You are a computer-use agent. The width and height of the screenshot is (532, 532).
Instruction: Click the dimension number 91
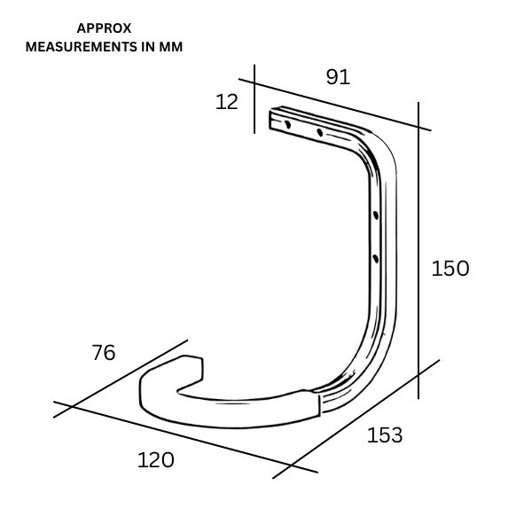click(x=338, y=77)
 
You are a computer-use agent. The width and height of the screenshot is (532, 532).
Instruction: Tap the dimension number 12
click(x=228, y=102)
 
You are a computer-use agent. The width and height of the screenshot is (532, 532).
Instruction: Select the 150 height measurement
click(x=450, y=268)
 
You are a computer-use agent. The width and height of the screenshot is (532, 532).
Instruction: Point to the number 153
click(x=384, y=435)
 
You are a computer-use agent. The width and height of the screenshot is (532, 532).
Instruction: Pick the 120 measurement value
click(x=155, y=460)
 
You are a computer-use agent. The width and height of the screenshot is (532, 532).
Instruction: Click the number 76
click(x=104, y=352)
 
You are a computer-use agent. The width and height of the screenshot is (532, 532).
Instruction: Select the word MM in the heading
click(x=171, y=47)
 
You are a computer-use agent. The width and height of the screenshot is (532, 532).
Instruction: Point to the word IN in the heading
click(x=145, y=47)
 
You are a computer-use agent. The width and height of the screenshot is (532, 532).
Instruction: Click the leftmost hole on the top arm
click(x=286, y=125)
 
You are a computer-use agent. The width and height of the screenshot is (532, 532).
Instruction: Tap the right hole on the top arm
click(x=319, y=133)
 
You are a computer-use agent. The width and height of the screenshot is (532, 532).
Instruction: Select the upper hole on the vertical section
click(x=376, y=215)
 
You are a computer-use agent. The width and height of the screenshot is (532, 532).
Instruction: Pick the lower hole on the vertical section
click(x=376, y=258)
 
